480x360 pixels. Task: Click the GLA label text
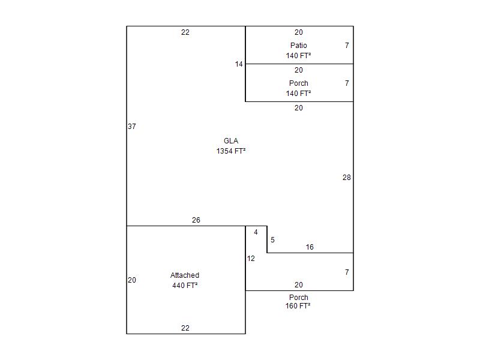pos(231,141)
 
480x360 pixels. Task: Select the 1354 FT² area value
pos(231,151)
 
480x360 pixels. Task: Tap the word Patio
pos(298,46)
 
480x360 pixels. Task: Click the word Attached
pos(185,275)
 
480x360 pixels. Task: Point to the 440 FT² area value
pos(185,286)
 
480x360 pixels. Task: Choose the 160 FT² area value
pos(298,306)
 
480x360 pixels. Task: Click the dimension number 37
pos(131,127)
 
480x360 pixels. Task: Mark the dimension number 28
pos(347,178)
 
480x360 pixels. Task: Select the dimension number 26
pos(196,220)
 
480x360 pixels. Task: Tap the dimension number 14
pos(239,64)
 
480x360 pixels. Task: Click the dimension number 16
pos(310,247)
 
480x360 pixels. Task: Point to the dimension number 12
pos(251,259)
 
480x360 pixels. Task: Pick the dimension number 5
pos(272,239)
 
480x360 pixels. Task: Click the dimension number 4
pos(256,232)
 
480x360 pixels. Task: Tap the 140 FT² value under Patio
pos(298,56)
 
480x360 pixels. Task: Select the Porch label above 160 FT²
pos(298,297)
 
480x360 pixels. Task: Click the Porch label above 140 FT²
pos(298,83)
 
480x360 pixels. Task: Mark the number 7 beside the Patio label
pos(347,46)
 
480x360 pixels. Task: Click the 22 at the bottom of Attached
pos(185,328)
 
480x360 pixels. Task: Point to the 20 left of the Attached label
pos(131,280)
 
